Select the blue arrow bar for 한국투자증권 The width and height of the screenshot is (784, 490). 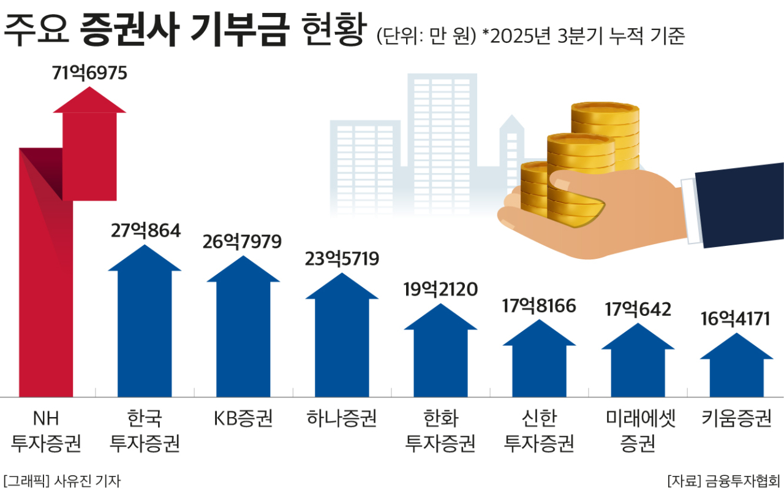pyautogui.click(x=145, y=331)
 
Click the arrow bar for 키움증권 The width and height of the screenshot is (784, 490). pyautogui.click(x=736, y=374)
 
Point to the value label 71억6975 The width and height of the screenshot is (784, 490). pyautogui.click(x=89, y=73)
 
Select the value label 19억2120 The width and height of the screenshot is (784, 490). pyautogui.click(x=440, y=288)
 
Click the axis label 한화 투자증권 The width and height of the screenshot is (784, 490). pyautogui.click(x=440, y=431)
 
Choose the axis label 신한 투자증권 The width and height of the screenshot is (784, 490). pyautogui.click(x=538, y=431)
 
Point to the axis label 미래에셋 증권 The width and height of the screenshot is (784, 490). pyautogui.click(x=637, y=431)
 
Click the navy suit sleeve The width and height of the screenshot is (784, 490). pyautogui.click(x=741, y=205)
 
